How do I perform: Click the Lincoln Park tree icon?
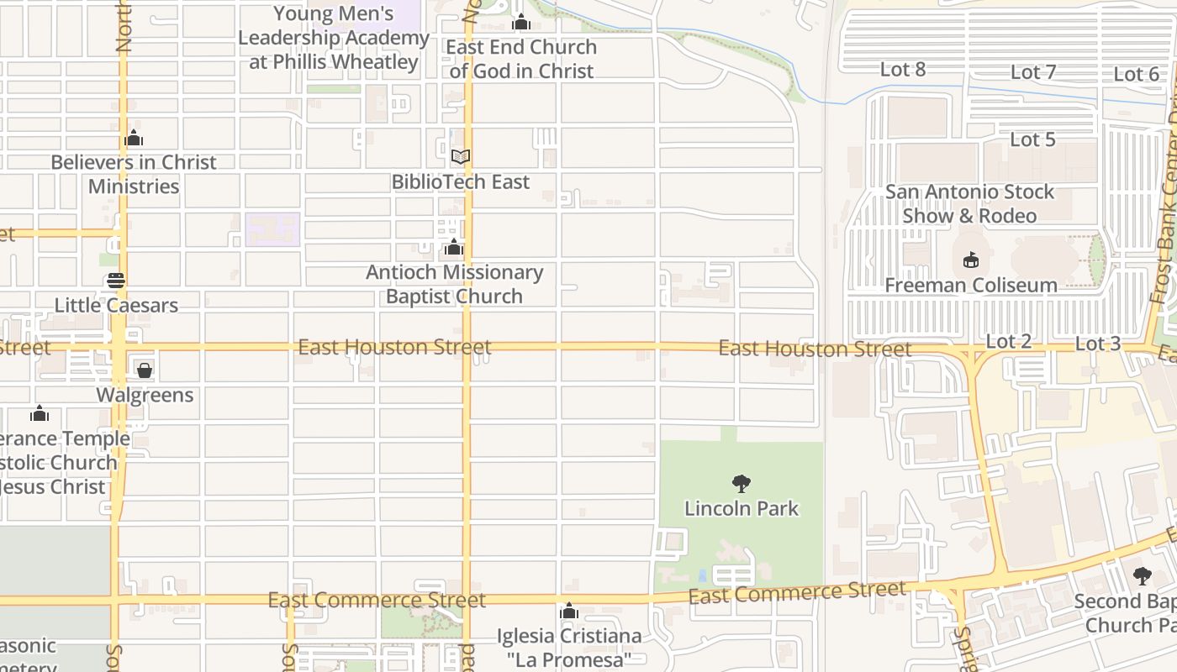point(741,483)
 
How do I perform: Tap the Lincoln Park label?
point(742,508)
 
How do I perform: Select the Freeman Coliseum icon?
point(971,260)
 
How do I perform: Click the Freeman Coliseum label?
point(971,286)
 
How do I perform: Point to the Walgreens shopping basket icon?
point(145,370)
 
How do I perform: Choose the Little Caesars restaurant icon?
point(116,280)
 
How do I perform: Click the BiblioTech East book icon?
point(461,156)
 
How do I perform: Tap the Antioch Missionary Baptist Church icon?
point(454,247)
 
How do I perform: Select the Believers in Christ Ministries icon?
point(134,138)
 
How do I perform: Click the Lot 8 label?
point(903,70)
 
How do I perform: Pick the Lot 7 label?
point(1033,72)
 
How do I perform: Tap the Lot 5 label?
point(1032,139)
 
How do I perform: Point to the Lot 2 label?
point(1008,341)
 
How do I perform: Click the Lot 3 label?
point(1098,344)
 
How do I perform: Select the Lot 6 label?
point(1137,75)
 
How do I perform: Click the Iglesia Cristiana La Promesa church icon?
point(569,610)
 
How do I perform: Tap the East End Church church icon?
point(521,22)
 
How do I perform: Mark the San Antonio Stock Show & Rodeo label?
point(969,203)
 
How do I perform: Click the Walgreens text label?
point(145,395)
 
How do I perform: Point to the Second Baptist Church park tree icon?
point(1142,575)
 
